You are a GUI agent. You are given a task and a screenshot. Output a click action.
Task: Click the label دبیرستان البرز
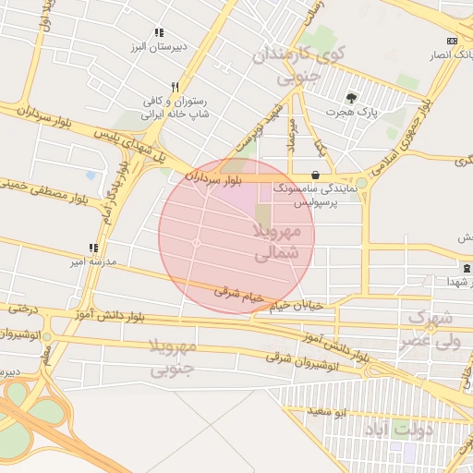click(183, 45)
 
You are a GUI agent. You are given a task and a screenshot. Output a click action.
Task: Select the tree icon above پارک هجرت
click(351, 98)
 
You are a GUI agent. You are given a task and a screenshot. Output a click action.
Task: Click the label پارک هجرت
click(351, 113)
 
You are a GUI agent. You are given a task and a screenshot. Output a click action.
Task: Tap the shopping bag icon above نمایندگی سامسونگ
click(316, 174)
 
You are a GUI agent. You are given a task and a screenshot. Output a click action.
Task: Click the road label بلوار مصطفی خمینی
click(46, 188)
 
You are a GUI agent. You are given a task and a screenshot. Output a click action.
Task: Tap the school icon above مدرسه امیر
click(92, 248)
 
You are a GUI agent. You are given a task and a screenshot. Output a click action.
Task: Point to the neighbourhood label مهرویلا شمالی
click(277, 240)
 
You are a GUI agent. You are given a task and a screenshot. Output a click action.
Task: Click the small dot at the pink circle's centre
click(197, 243)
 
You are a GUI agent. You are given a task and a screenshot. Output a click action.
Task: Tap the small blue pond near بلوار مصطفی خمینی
click(91, 175)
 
